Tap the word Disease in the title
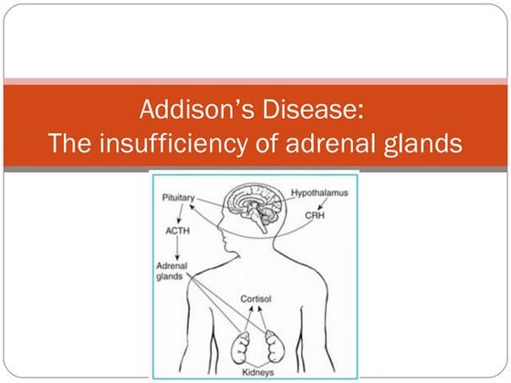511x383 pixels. (316, 112)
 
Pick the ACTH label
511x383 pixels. (177, 231)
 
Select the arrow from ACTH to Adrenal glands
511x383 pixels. (177, 247)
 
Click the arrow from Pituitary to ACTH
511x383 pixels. (177, 213)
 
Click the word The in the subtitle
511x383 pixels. (67, 143)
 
